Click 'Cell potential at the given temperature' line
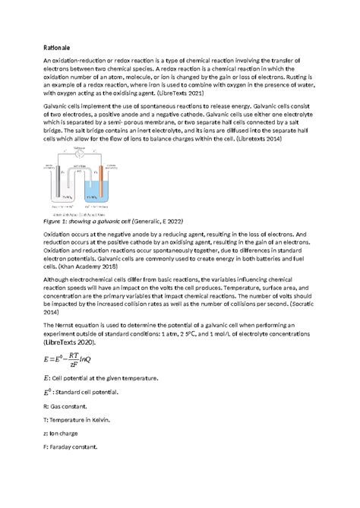[x=106, y=377]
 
